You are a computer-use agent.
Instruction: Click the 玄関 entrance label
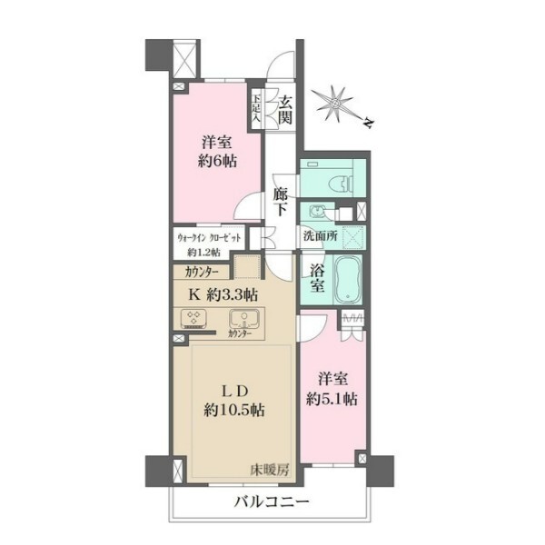(x=285, y=110)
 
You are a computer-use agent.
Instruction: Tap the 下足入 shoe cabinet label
(x=256, y=108)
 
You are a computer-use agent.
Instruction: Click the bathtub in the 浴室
(x=348, y=280)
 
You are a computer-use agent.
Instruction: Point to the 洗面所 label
(x=320, y=236)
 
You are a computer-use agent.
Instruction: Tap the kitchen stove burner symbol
(x=193, y=319)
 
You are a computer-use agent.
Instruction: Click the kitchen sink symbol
(x=244, y=319)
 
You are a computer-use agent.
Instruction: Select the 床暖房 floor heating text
(x=270, y=471)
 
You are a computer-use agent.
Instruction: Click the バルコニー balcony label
(x=272, y=502)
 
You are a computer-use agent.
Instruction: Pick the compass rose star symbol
(x=335, y=104)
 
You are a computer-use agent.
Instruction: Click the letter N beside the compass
(x=369, y=123)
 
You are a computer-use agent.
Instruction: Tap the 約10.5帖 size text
(x=234, y=411)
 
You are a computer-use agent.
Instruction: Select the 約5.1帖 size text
(x=332, y=400)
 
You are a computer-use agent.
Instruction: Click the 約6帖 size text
(x=217, y=161)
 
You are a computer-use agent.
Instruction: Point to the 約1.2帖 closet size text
(x=204, y=253)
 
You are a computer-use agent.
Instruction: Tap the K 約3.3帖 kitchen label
(x=223, y=294)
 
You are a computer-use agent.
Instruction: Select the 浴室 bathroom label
(x=317, y=279)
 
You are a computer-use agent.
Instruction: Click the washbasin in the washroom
(x=317, y=211)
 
